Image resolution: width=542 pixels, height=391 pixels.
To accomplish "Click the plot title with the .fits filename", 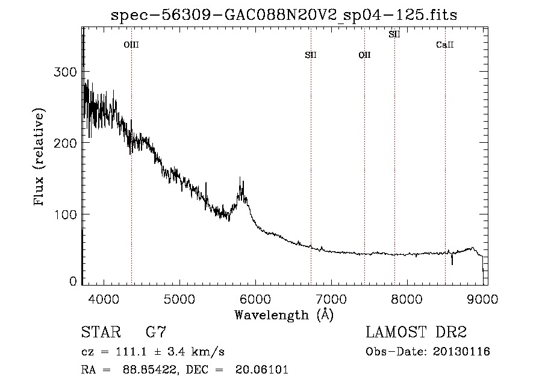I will (284, 15).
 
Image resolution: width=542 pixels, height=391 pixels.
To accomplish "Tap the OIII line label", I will (131, 45).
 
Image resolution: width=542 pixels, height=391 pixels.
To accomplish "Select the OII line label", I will (364, 55).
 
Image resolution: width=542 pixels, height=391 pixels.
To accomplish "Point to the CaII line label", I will (445, 45).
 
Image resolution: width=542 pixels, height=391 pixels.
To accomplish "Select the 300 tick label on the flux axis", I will (65, 72).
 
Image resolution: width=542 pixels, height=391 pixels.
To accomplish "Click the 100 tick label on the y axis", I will (65, 214).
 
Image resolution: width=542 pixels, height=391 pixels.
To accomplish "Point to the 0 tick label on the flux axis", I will (73, 281).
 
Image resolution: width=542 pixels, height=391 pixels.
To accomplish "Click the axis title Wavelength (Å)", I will (284, 314).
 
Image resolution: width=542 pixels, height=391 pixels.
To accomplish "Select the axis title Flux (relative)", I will (40, 158).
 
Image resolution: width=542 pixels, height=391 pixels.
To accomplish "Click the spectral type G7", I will (156, 333).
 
